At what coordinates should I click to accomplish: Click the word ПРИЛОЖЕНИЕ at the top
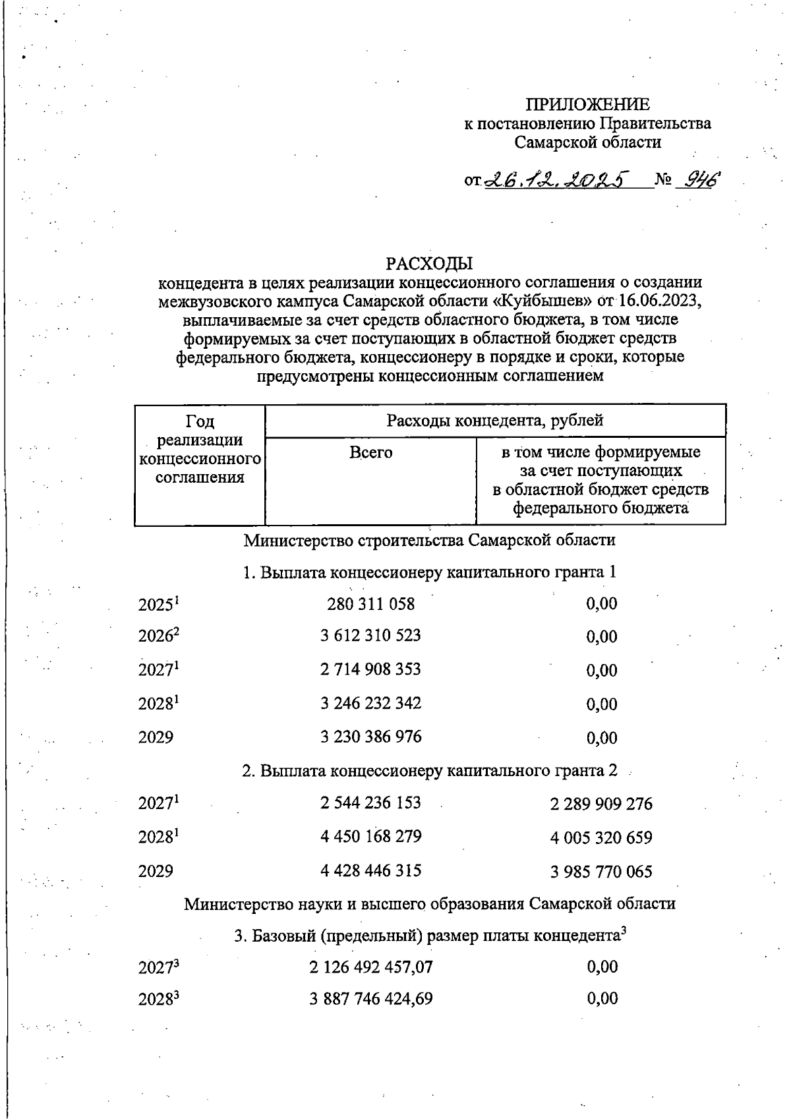pyautogui.click(x=587, y=104)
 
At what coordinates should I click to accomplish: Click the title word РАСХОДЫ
pyautogui.click(x=430, y=264)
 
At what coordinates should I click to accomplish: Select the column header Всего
pyautogui.click(x=370, y=453)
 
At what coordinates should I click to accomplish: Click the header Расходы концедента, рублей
pyautogui.click(x=495, y=420)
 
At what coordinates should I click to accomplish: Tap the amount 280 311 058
pyautogui.click(x=371, y=603)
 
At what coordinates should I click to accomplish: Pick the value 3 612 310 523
pyautogui.click(x=371, y=636)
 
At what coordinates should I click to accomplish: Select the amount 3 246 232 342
pyautogui.click(x=371, y=703)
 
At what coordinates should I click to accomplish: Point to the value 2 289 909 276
pyautogui.click(x=601, y=804)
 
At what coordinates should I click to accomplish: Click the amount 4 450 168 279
pyautogui.click(x=371, y=836)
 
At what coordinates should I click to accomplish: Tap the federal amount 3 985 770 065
pyautogui.click(x=601, y=872)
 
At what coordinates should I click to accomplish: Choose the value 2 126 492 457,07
pyautogui.click(x=371, y=967)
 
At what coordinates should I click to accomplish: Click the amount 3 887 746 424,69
pyautogui.click(x=371, y=999)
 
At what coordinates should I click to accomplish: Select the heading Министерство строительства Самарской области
pyautogui.click(x=430, y=540)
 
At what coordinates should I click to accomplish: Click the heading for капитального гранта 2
pyautogui.click(x=430, y=770)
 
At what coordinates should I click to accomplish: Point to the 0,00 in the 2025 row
pyautogui.click(x=601, y=603)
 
